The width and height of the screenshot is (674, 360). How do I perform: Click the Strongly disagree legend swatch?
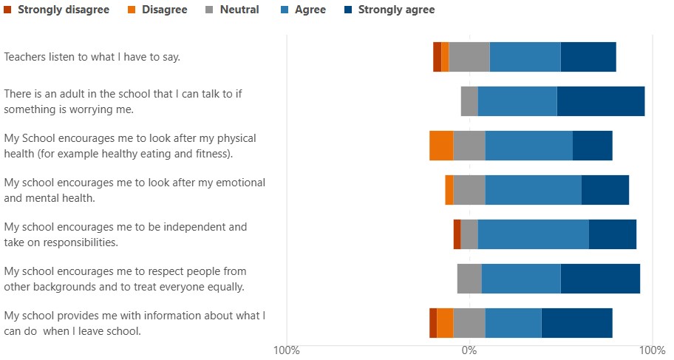(x=7, y=10)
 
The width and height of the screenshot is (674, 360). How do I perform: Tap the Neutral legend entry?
(x=239, y=10)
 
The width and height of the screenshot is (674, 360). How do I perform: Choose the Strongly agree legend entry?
(x=396, y=10)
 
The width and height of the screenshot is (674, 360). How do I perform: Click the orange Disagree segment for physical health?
(x=441, y=146)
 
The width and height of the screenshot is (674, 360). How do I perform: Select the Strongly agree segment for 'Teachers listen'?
(x=588, y=57)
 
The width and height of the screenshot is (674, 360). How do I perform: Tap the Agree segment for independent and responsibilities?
(x=533, y=234)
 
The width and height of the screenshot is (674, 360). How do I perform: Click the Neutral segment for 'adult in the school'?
(x=469, y=101)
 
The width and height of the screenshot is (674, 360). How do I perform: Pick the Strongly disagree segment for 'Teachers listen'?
(x=437, y=57)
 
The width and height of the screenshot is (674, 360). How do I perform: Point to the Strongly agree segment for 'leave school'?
(x=576, y=323)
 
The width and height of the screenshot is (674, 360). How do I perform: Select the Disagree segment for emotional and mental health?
(x=449, y=190)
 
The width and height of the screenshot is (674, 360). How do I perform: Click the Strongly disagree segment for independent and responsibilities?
(x=457, y=234)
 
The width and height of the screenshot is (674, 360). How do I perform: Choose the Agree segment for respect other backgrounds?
(x=521, y=279)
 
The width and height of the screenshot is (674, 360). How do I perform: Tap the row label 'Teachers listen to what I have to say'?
(x=92, y=57)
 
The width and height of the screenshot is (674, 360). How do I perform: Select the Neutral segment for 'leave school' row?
(x=469, y=323)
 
